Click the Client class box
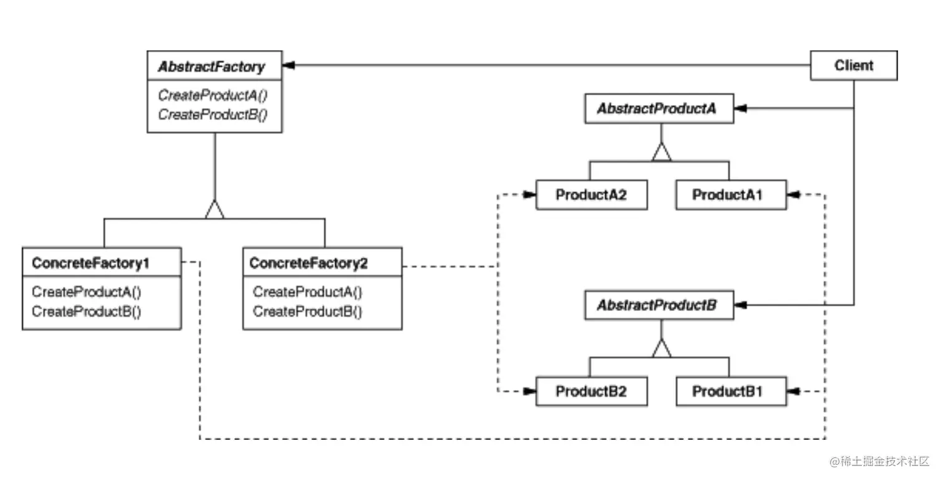point(854,65)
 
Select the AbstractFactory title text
point(211,67)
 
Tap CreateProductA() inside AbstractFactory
point(213,95)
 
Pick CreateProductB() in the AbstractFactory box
point(213,115)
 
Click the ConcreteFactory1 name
point(90,263)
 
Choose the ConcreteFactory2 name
point(309,263)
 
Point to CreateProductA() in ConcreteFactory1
point(86,292)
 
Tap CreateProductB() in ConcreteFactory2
point(307,312)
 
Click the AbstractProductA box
point(659,108)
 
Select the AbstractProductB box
point(659,305)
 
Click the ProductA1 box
point(731,195)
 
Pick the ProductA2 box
point(591,195)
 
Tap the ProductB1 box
point(731,391)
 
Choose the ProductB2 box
point(591,391)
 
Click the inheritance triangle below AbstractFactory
point(215,209)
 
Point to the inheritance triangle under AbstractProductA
point(661,152)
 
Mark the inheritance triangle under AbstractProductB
point(661,348)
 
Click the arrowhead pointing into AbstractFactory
point(288,65)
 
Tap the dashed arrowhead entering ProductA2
point(529,194)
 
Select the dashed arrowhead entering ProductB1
point(793,391)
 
